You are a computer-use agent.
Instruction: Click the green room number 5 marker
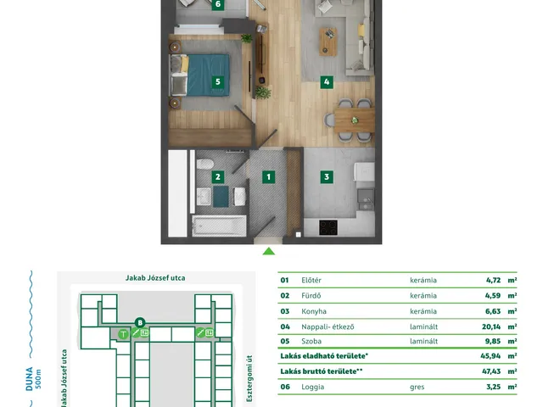pyautogui.click(x=218, y=82)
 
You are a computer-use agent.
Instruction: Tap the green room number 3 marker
pyautogui.click(x=327, y=177)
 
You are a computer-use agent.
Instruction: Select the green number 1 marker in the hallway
pyautogui.click(x=268, y=177)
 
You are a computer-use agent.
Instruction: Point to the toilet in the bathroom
pyautogui.click(x=205, y=164)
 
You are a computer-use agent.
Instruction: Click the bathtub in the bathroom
pyautogui.click(x=219, y=226)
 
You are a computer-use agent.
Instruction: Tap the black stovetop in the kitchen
pyautogui.click(x=328, y=228)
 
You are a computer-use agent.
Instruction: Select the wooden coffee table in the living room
pyautogui.click(x=328, y=42)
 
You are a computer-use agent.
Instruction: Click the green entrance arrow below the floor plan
pyautogui.click(x=269, y=251)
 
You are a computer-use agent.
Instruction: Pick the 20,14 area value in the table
pyautogui.click(x=491, y=326)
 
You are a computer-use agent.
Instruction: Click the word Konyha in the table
pyautogui.click(x=314, y=311)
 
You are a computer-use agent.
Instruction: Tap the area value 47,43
pyautogui.click(x=491, y=371)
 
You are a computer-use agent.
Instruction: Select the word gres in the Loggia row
pyautogui.click(x=417, y=387)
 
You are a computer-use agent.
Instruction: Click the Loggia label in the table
pyautogui.click(x=313, y=387)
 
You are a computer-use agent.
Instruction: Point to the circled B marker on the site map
pyautogui.click(x=140, y=323)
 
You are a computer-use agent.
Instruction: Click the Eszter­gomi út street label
pyautogui.click(x=249, y=378)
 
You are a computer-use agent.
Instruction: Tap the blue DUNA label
pyautogui.click(x=30, y=379)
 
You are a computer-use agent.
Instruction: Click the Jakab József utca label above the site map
pyautogui.click(x=155, y=278)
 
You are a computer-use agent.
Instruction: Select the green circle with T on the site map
pyautogui.click(x=123, y=334)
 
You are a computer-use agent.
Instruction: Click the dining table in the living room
pyautogui.click(x=355, y=120)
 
